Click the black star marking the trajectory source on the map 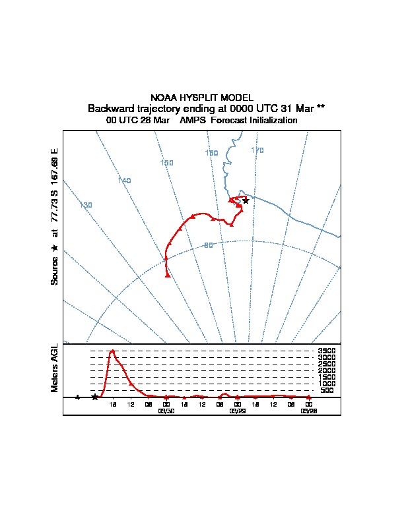[246, 200]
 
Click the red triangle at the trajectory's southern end [168, 275]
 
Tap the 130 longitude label [86, 205]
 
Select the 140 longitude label [124, 181]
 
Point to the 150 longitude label [166, 163]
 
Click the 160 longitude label [211, 153]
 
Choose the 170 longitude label [257, 150]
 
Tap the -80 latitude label [208, 245]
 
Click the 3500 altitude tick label [327, 351]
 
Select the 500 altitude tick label [327, 391]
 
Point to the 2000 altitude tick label [327, 371]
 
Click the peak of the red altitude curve [113, 351]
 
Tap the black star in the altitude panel [95, 397]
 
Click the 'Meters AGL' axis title [55, 368]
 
